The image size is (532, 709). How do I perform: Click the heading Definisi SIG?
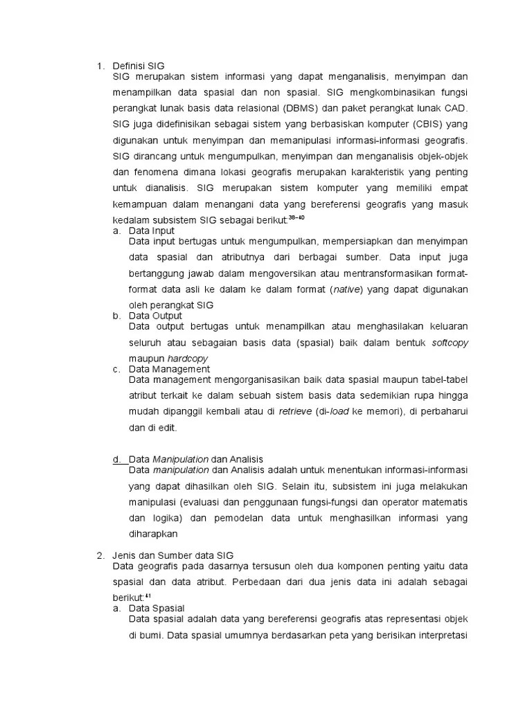click(x=138, y=66)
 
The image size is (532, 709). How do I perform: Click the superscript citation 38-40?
click(x=296, y=217)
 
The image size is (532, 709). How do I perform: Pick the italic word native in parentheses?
click(x=346, y=289)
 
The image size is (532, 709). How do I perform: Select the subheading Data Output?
click(x=155, y=316)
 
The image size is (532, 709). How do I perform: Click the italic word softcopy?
click(x=450, y=343)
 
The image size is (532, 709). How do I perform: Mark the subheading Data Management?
click(x=169, y=369)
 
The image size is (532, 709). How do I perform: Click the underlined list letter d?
click(x=116, y=459)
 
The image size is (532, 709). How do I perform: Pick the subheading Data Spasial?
click(x=155, y=608)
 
